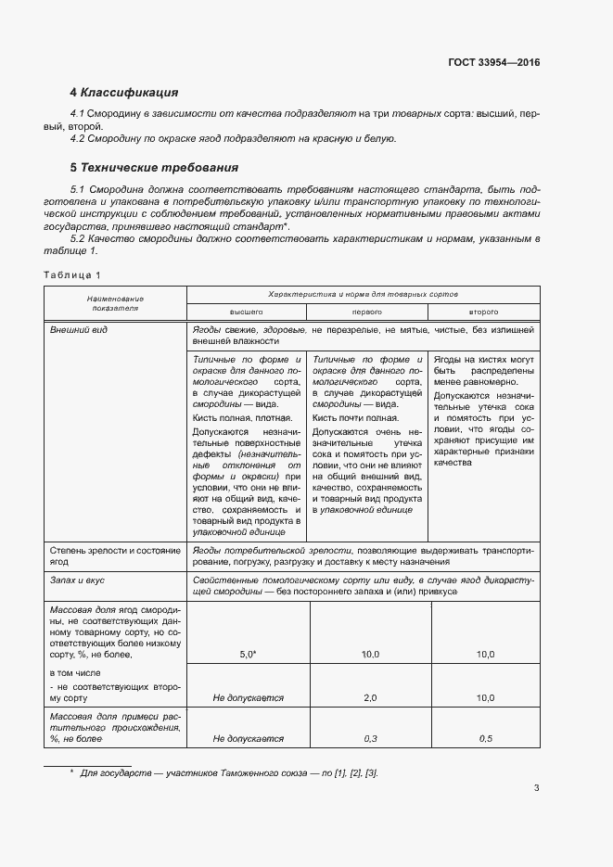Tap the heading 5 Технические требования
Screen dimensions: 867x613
155,168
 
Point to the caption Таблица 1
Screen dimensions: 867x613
72,274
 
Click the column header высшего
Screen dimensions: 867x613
247,312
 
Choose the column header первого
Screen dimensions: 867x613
364,312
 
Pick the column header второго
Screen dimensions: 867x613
484,312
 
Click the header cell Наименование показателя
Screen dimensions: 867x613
116,303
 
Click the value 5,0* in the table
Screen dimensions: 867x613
247,655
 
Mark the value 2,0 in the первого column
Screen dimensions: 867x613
370,697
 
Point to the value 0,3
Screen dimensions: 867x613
370,739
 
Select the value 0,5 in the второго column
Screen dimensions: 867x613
485,739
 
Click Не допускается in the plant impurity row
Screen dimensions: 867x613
248,739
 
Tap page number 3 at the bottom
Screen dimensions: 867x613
536,789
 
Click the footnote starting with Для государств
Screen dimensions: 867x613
228,772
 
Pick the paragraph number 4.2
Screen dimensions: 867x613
79,138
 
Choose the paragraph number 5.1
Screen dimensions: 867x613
79,188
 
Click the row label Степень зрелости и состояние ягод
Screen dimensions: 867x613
114,555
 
